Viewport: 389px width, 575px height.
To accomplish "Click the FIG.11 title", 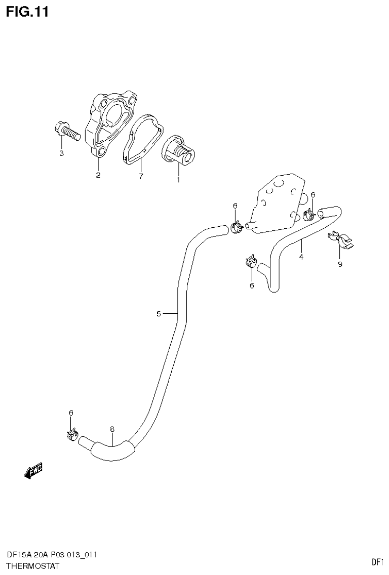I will [27, 12].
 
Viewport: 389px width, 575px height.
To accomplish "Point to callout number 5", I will [159, 314].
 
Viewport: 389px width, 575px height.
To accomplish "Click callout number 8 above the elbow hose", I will [112, 429].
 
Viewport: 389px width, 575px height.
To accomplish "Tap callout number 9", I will [340, 264].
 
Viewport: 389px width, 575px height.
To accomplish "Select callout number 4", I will [301, 257].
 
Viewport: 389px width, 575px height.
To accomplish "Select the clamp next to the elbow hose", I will [71, 434].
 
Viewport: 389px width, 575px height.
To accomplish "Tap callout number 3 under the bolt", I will [61, 153].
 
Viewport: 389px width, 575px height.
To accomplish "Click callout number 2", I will [98, 176].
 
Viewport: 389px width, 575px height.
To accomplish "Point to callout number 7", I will [141, 176].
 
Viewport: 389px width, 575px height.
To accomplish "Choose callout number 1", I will [178, 179].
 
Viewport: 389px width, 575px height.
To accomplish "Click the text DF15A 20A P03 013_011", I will [52, 555].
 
